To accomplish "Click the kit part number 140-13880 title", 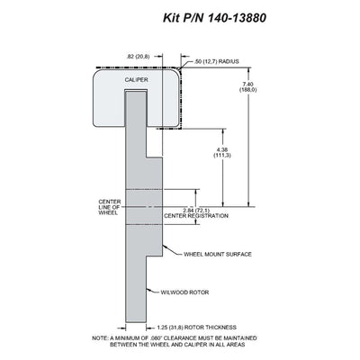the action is coord(214,18).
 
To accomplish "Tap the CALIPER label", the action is coord(137,80).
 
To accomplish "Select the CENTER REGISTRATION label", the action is coord(196,216).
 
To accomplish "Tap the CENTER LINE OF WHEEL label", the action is coord(110,207).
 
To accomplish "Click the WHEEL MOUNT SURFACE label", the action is coord(218,255).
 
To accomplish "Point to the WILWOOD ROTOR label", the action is coord(184,292).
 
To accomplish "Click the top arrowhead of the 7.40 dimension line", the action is coord(248,70).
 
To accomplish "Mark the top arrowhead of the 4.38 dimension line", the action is coord(223,131).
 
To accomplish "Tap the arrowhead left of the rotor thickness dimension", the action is coord(122,328).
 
